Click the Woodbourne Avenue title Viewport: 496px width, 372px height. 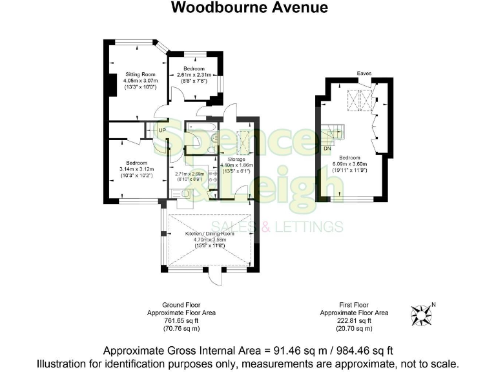pos(249,8)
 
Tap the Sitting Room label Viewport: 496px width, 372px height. pos(136,75)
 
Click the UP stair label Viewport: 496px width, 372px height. pos(163,130)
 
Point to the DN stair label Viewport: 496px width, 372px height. pos(327,147)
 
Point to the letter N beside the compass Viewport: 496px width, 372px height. pos(433,304)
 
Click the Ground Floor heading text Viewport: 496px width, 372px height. pos(181,305)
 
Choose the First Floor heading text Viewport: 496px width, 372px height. pos(355,305)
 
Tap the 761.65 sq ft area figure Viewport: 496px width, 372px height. pos(181,320)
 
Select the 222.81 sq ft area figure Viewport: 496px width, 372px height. pos(355,320)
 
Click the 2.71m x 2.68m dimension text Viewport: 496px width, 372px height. pos(189,173)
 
